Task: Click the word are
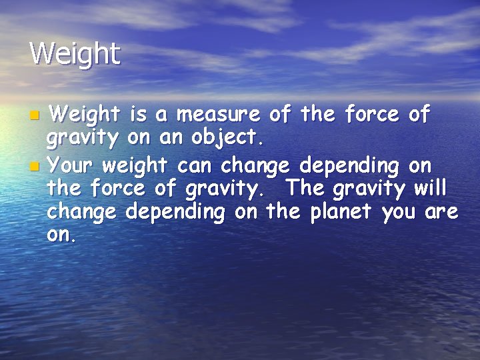(441, 213)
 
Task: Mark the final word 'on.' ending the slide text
(61, 237)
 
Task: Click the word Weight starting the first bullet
(86, 116)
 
